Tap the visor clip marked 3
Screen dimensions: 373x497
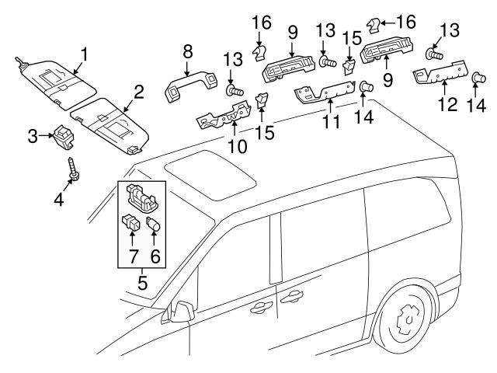pos(63,138)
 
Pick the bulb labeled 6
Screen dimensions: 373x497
pos(153,229)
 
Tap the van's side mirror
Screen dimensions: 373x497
pos(180,312)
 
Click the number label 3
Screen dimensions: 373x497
pos(33,138)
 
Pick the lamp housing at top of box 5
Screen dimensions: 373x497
pos(141,197)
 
